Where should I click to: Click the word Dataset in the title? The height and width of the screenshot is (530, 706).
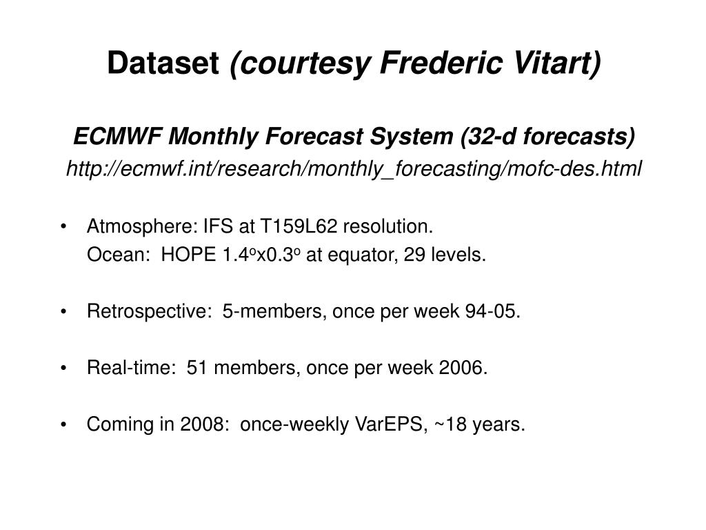tap(163, 63)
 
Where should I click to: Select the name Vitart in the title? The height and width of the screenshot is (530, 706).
tap(557, 63)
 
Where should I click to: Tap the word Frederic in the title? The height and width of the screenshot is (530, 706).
tap(441, 63)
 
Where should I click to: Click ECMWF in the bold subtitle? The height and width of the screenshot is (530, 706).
tap(117, 136)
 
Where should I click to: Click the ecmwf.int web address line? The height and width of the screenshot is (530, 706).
tap(354, 168)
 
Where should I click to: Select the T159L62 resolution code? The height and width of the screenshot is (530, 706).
tap(299, 226)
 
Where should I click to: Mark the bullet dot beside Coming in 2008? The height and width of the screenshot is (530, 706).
tap(63, 424)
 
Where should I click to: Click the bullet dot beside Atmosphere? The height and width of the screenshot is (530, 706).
tap(63, 226)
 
